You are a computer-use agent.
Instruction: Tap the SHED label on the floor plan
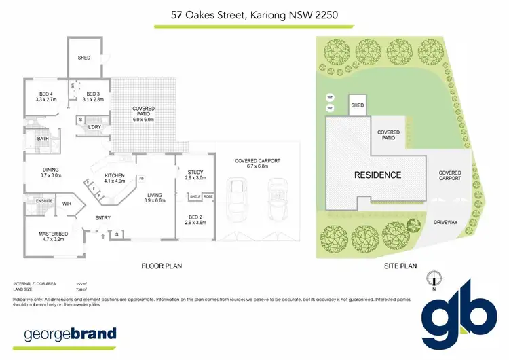(84, 58)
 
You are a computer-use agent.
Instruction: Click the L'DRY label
(94, 126)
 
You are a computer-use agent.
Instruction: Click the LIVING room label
(156, 198)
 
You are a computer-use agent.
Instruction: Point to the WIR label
(67, 203)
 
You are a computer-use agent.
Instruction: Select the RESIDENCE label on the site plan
(377, 175)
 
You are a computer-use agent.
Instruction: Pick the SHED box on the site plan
(357, 106)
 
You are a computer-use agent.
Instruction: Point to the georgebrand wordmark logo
(71, 334)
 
